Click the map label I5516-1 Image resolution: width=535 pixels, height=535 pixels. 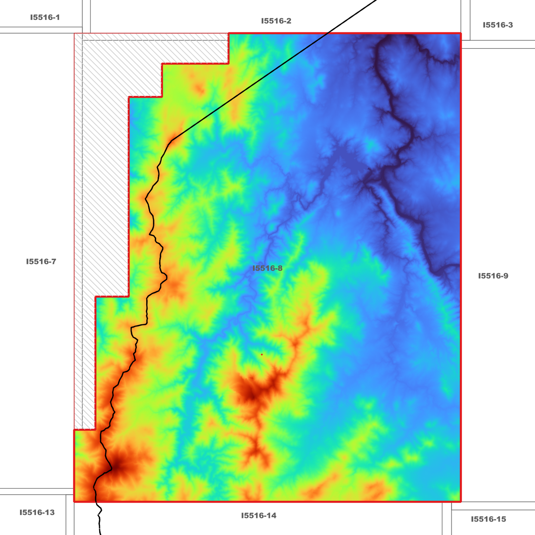pos(45,17)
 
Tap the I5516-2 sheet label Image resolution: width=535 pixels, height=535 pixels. pos(276,21)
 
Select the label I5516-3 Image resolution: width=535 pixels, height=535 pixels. pos(498,25)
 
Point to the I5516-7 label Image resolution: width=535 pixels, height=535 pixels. pos(41,262)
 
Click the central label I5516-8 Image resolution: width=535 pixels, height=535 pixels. pos(267,268)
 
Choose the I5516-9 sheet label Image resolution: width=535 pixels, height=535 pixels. pos(493,276)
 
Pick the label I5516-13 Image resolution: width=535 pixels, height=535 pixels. pos(37,513)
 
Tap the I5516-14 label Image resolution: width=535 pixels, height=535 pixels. pos(259,516)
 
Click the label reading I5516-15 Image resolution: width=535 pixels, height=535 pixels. pos(488,519)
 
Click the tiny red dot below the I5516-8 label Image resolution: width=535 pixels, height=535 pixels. pos(262,354)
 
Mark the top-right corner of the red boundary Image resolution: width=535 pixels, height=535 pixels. pos(461,33)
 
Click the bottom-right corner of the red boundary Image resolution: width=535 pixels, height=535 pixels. pos(461,502)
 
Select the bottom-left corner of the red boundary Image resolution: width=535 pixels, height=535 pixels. pos(74,502)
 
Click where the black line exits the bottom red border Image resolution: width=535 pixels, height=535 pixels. pos(97,502)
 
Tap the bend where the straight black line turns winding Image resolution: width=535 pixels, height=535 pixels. pos(173,140)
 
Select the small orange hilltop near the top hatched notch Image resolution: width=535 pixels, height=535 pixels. pos(200,89)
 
